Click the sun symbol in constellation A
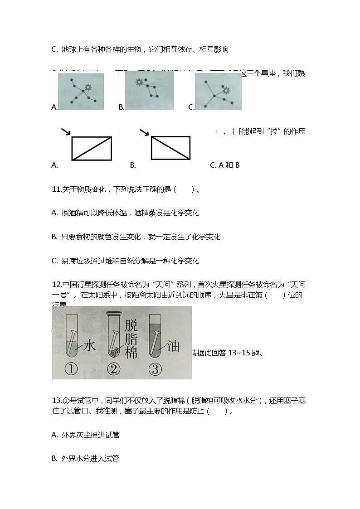88,87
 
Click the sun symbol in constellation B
138,82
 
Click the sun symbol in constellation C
225,90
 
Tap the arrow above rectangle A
66,131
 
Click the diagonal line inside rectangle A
92,148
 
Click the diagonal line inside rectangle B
170,148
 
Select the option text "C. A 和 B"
224,165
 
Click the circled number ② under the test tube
113,369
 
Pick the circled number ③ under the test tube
155,369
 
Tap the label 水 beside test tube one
89,346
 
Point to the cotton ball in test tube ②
113,352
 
